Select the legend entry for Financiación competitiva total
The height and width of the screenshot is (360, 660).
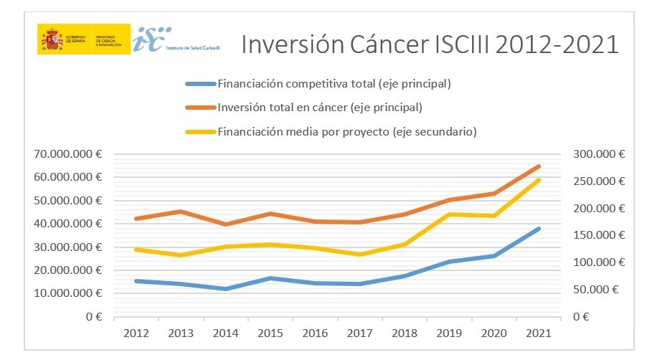(334, 84)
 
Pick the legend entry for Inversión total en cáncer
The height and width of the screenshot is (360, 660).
(319, 108)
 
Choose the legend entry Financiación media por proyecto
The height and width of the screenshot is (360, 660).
(348, 131)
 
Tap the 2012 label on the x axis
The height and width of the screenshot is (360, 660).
(136, 333)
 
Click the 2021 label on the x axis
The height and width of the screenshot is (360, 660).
(538, 333)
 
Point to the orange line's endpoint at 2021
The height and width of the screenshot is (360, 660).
(538, 166)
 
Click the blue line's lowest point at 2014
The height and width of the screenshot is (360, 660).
(226, 289)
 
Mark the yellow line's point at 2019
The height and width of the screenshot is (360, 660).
(449, 214)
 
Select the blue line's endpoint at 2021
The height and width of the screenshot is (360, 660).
(538, 229)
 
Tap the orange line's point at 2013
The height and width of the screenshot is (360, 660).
(181, 212)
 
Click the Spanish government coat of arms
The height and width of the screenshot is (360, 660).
(52, 39)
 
